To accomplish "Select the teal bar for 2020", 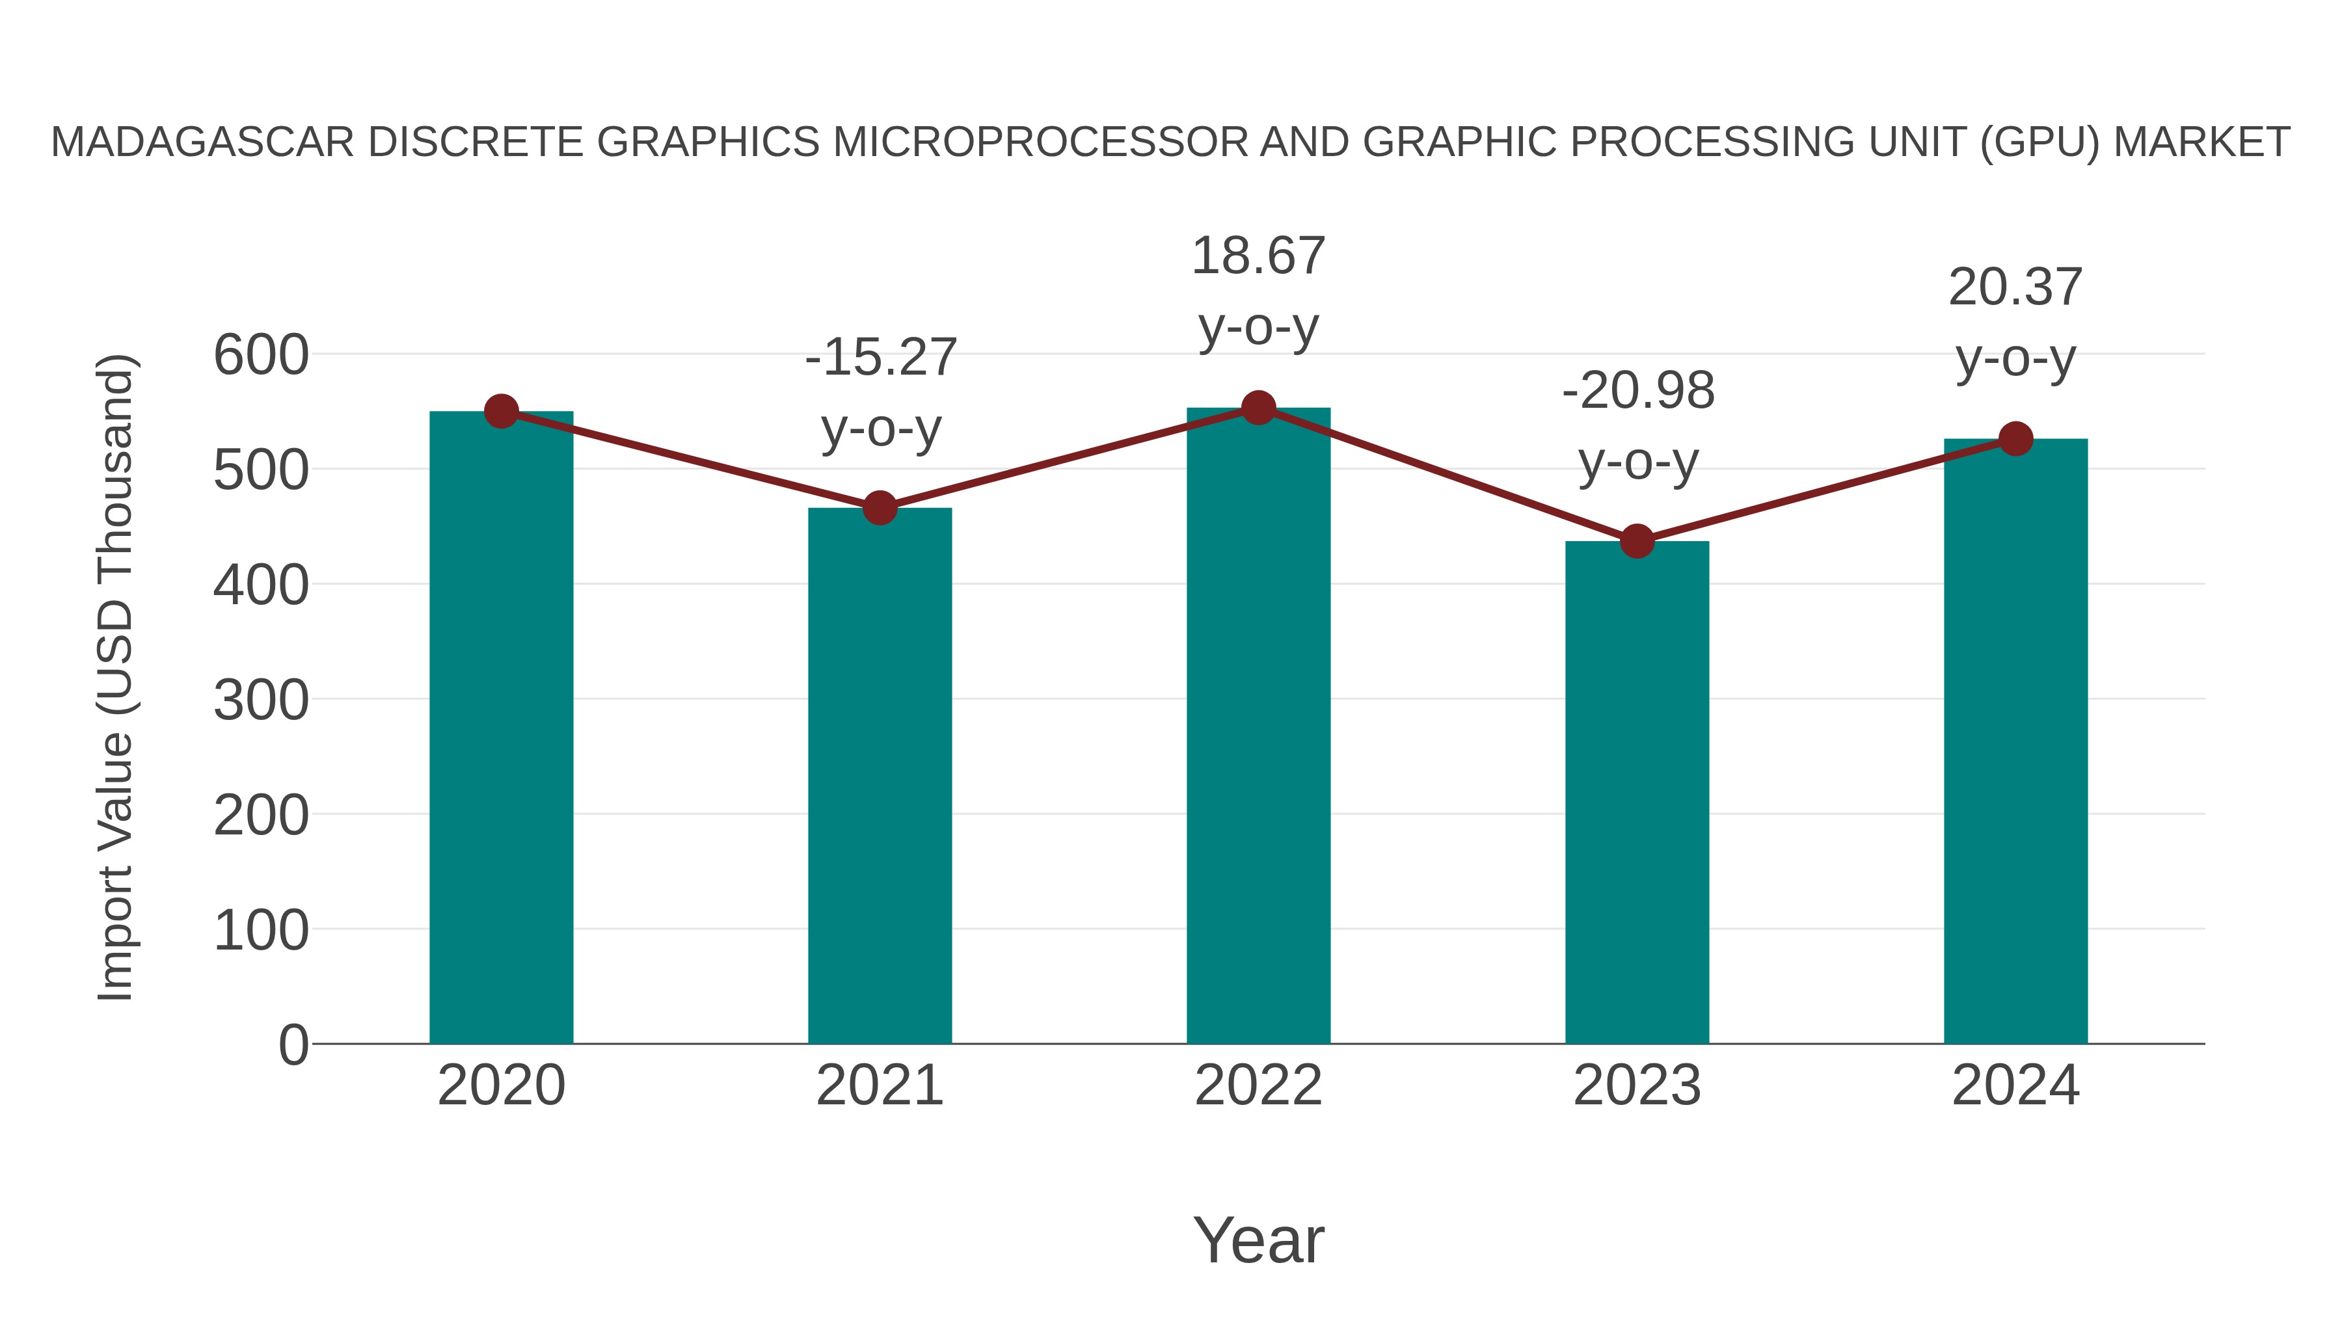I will tap(501, 727).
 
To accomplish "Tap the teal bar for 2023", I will tap(1637, 792).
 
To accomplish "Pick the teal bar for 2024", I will tap(2015, 741).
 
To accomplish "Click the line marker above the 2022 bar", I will tap(1258, 408).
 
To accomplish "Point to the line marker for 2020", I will tap(501, 412).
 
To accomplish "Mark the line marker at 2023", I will tap(1637, 542).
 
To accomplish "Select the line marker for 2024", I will tap(2015, 439).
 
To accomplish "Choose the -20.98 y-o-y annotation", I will tap(1637, 425).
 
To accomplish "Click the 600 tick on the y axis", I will tap(261, 354).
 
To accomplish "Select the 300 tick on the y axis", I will tap(261, 700).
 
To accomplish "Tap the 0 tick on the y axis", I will tap(293, 1044).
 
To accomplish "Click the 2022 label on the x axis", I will tap(1258, 1085).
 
